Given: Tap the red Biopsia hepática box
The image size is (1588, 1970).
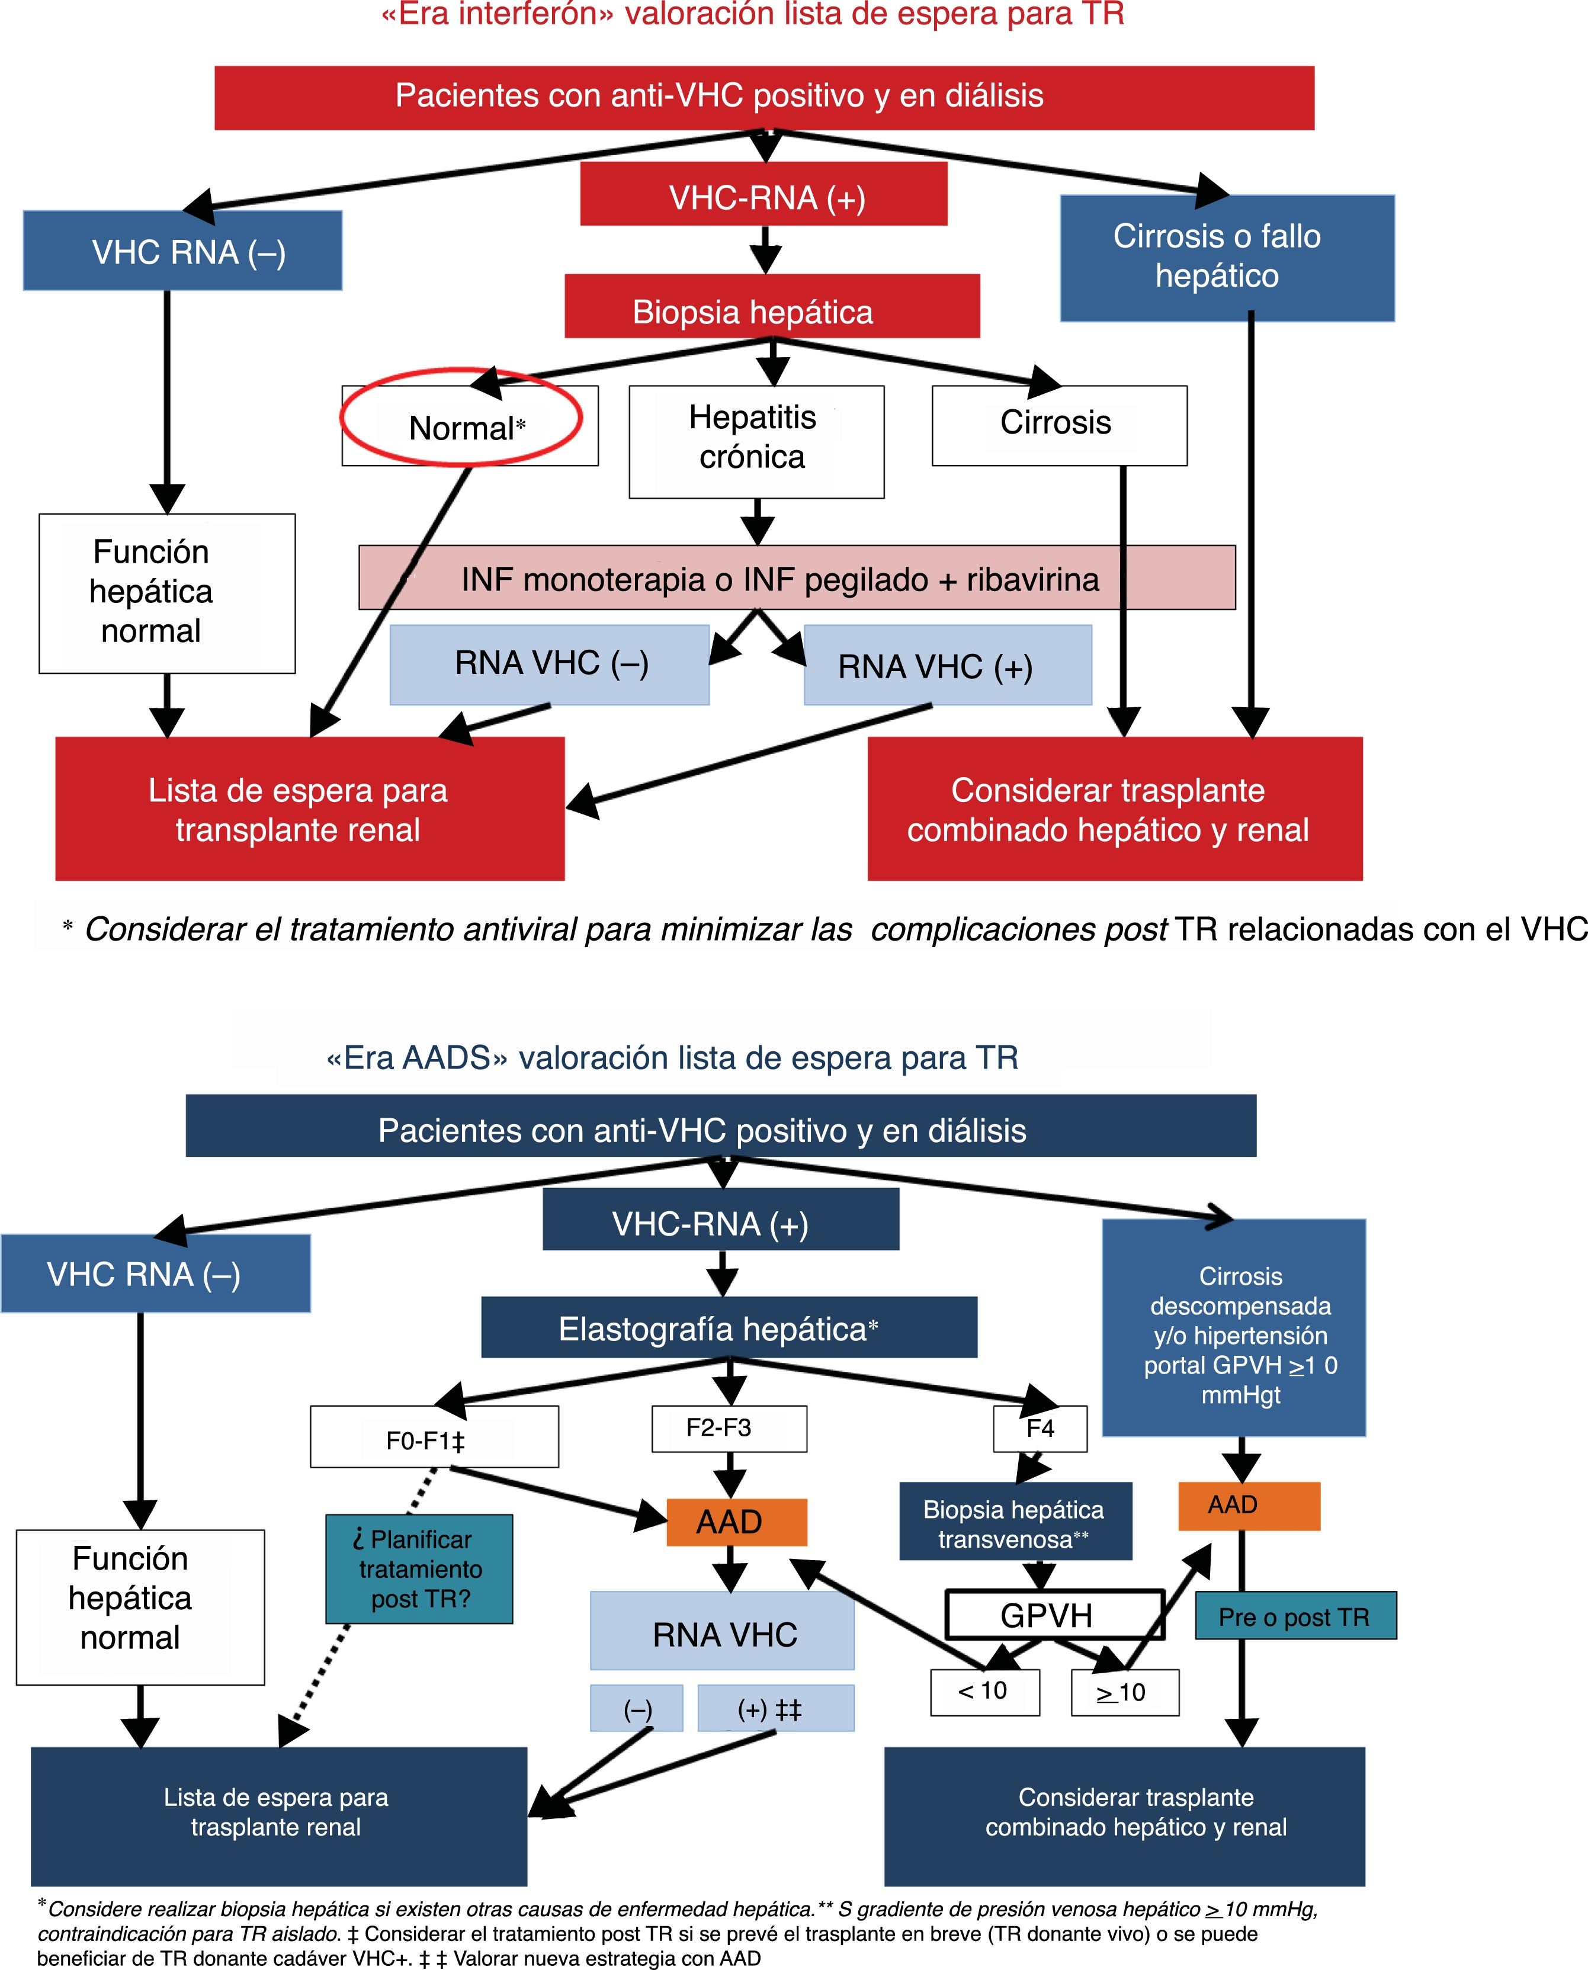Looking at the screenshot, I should [771, 306].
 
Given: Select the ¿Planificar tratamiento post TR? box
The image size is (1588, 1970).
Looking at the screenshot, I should [419, 1568].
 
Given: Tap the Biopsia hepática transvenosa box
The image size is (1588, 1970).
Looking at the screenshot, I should [1015, 1521].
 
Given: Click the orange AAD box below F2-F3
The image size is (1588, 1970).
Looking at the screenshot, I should [736, 1522].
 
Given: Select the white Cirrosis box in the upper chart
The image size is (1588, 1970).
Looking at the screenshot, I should [1058, 424].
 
